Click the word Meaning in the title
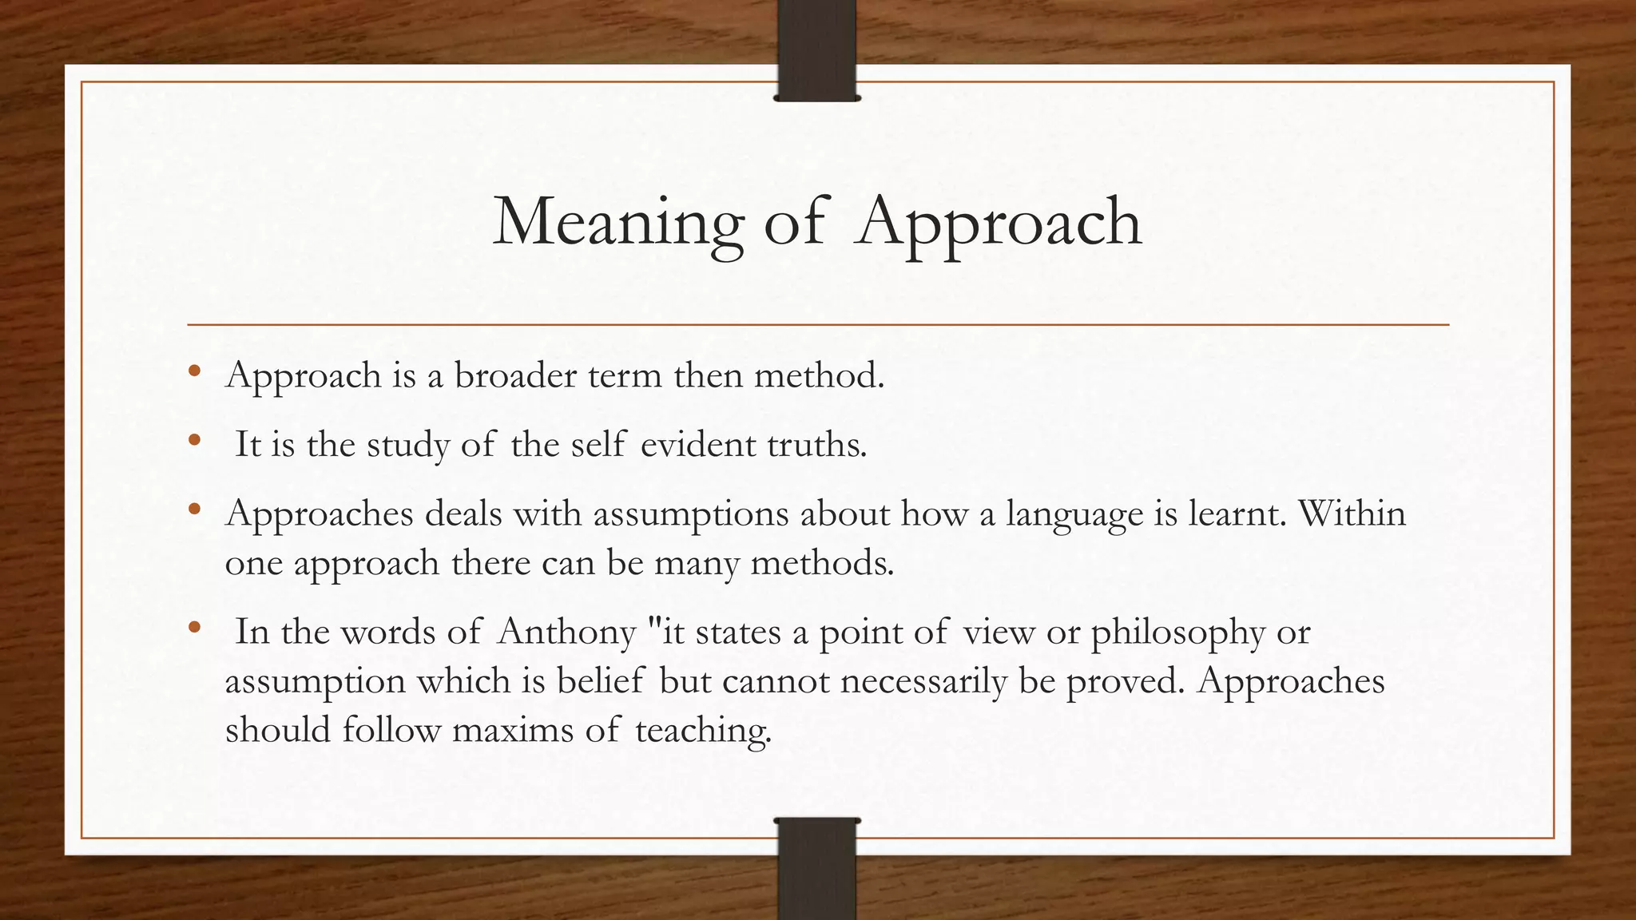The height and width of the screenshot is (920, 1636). pyautogui.click(x=617, y=222)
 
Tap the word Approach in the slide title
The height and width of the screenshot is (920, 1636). pyautogui.click(x=998, y=222)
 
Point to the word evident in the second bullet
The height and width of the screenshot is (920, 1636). pyautogui.click(x=697, y=445)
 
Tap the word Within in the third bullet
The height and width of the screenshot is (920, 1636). pyautogui.click(x=1352, y=514)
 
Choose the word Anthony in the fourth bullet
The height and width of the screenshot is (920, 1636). pyautogui.click(x=566, y=632)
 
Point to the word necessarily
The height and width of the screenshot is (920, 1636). pyautogui.click(x=923, y=682)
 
